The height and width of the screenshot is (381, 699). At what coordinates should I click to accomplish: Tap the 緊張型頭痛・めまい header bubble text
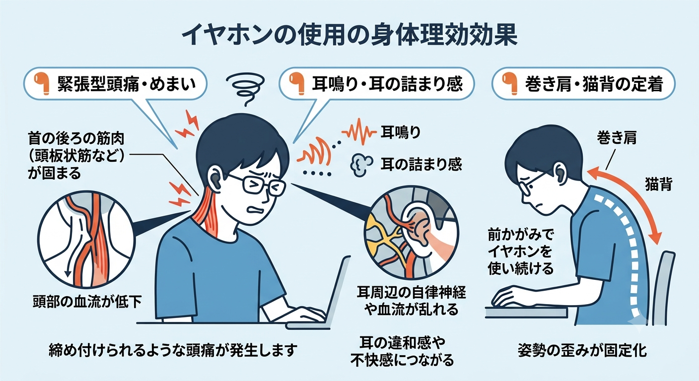pyautogui.click(x=127, y=84)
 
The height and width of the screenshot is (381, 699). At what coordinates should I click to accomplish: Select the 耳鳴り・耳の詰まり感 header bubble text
pyautogui.click(x=387, y=84)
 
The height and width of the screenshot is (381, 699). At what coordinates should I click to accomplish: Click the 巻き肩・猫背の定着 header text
pyautogui.click(x=594, y=84)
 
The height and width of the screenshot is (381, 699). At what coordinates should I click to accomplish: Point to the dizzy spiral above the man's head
pyautogui.click(x=246, y=88)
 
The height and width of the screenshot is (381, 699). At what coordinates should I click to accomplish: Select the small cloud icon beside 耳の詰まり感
pyautogui.click(x=362, y=165)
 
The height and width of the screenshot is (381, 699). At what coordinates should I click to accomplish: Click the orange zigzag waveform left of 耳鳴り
pyautogui.click(x=359, y=131)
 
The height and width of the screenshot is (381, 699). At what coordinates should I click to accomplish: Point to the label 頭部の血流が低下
pyautogui.click(x=87, y=301)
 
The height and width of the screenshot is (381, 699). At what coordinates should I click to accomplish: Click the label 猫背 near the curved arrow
pyautogui.click(x=658, y=184)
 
